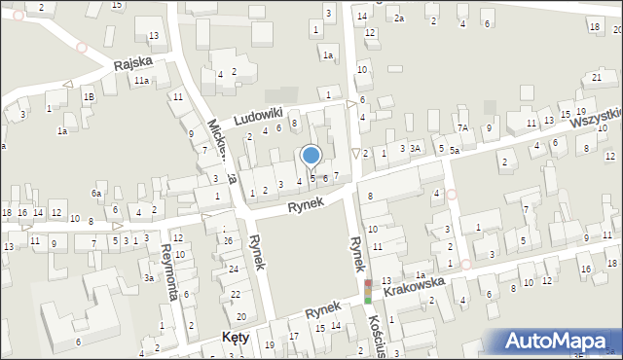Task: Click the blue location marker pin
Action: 311,156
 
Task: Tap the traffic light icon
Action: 368,292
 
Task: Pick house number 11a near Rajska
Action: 141,81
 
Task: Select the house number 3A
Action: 415,148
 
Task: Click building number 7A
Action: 463,127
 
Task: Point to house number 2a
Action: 399,18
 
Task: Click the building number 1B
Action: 89,97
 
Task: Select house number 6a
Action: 96,194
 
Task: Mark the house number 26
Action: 227,240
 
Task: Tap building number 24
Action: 234,269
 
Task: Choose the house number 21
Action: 596,77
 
